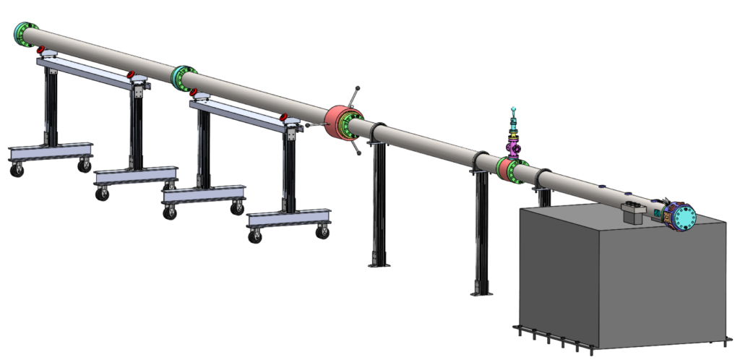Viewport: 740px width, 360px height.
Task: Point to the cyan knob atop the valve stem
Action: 512,108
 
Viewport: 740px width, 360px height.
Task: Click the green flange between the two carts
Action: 184,75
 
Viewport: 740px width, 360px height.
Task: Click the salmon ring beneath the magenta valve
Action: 502,167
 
